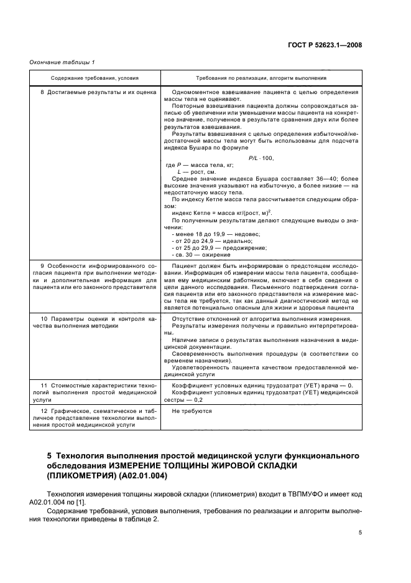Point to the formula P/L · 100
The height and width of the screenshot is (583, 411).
point(261,158)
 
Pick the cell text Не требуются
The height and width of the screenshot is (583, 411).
point(192,411)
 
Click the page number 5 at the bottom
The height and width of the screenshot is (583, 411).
point(359,532)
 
